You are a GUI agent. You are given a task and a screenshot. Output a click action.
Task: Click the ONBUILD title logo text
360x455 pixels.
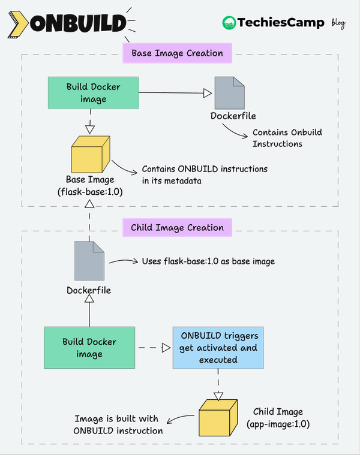79,23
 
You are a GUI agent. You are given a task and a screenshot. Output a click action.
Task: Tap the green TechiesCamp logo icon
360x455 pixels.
229,23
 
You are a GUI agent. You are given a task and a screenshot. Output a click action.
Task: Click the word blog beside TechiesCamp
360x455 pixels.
338,23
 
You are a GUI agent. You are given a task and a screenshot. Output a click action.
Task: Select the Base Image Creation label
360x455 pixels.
177,53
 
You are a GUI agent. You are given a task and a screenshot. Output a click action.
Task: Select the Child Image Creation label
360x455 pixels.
177,228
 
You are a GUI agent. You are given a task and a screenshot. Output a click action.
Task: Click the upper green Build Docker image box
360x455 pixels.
93,92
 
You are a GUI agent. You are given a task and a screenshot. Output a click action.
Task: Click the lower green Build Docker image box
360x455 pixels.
90,348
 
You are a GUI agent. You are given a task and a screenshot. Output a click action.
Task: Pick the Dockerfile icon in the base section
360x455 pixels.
230,92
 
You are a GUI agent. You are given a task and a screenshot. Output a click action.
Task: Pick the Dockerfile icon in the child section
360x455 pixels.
89,261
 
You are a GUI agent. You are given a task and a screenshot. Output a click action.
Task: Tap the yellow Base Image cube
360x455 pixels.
89,155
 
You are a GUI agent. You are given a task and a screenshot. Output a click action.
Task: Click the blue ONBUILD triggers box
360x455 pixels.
218,348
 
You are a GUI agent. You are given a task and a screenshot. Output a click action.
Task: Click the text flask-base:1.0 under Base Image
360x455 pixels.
90,192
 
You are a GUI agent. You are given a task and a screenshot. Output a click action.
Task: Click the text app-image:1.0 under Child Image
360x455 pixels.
278,424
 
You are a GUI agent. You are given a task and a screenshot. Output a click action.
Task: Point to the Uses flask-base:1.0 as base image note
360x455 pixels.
208,261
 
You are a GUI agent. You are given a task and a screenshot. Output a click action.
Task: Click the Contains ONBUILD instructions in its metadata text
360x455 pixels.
204,174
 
